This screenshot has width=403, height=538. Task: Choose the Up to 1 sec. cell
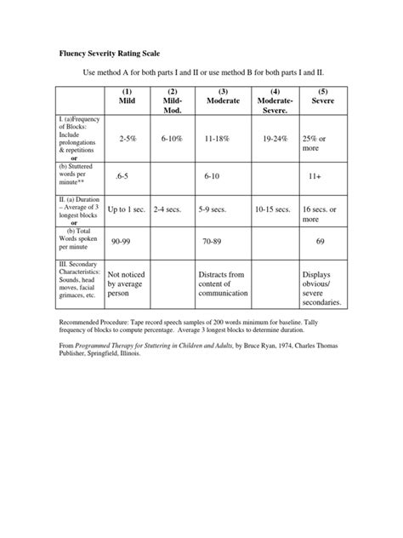coord(126,209)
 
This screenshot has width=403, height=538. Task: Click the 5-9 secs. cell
coord(213,209)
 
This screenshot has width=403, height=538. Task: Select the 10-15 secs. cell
coord(273,209)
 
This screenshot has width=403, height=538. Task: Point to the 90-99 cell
coord(121,242)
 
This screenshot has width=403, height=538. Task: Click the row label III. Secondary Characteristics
coord(77,277)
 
